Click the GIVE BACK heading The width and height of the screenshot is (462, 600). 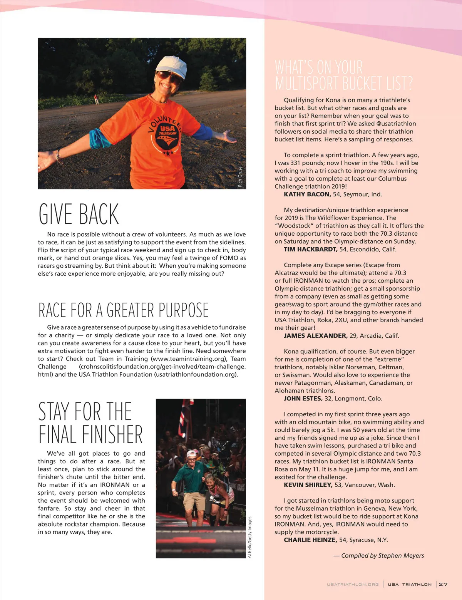coord(79,214)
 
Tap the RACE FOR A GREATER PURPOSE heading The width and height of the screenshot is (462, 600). coord(123,310)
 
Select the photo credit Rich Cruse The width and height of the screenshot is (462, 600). coord(240,177)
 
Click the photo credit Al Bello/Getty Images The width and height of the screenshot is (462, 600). coord(249,537)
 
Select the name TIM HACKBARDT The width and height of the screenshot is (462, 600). coord(310,249)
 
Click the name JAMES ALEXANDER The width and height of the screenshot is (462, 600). coord(315,335)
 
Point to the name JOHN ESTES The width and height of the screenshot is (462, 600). coord(303,399)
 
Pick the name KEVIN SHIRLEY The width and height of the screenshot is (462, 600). coord(308,485)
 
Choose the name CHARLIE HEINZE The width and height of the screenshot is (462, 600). coord(310,540)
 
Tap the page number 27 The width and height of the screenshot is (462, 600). coord(443,584)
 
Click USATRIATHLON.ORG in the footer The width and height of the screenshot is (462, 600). coord(353,584)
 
